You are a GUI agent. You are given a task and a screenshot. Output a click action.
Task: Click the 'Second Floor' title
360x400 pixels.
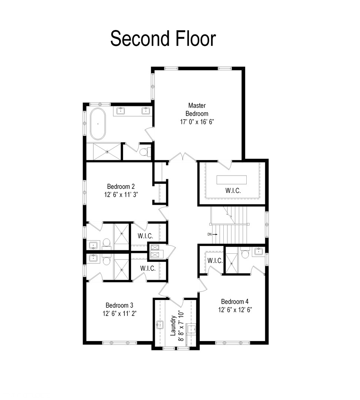[163, 38]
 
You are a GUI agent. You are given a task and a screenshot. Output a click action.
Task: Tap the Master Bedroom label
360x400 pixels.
[197, 109]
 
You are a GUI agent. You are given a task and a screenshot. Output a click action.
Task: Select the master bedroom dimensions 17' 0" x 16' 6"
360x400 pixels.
[197, 122]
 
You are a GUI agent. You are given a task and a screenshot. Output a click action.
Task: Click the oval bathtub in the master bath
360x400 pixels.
[98, 124]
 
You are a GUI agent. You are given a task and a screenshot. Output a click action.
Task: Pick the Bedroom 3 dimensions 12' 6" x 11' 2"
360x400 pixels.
[119, 313]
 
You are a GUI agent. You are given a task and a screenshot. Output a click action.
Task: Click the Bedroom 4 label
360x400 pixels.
[235, 301]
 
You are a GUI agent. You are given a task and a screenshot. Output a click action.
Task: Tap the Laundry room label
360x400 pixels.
[173, 326]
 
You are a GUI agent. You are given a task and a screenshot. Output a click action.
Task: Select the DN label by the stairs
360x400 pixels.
[210, 234]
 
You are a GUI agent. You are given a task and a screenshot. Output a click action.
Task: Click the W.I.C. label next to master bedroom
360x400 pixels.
[233, 191]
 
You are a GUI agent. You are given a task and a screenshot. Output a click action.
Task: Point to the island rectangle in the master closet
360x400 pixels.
[231, 180]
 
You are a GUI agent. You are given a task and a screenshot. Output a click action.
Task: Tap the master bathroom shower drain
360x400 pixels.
[107, 152]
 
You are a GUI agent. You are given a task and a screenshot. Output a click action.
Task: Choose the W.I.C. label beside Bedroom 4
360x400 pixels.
[215, 260]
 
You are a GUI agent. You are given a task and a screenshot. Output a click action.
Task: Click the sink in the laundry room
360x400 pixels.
[160, 325]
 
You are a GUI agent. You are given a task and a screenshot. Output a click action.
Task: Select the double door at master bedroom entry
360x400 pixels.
[183, 157]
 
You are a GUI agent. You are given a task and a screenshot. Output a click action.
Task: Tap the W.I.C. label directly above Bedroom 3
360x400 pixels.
[148, 268]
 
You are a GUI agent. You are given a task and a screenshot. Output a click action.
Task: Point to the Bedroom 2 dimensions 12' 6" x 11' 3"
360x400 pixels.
[121, 195]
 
